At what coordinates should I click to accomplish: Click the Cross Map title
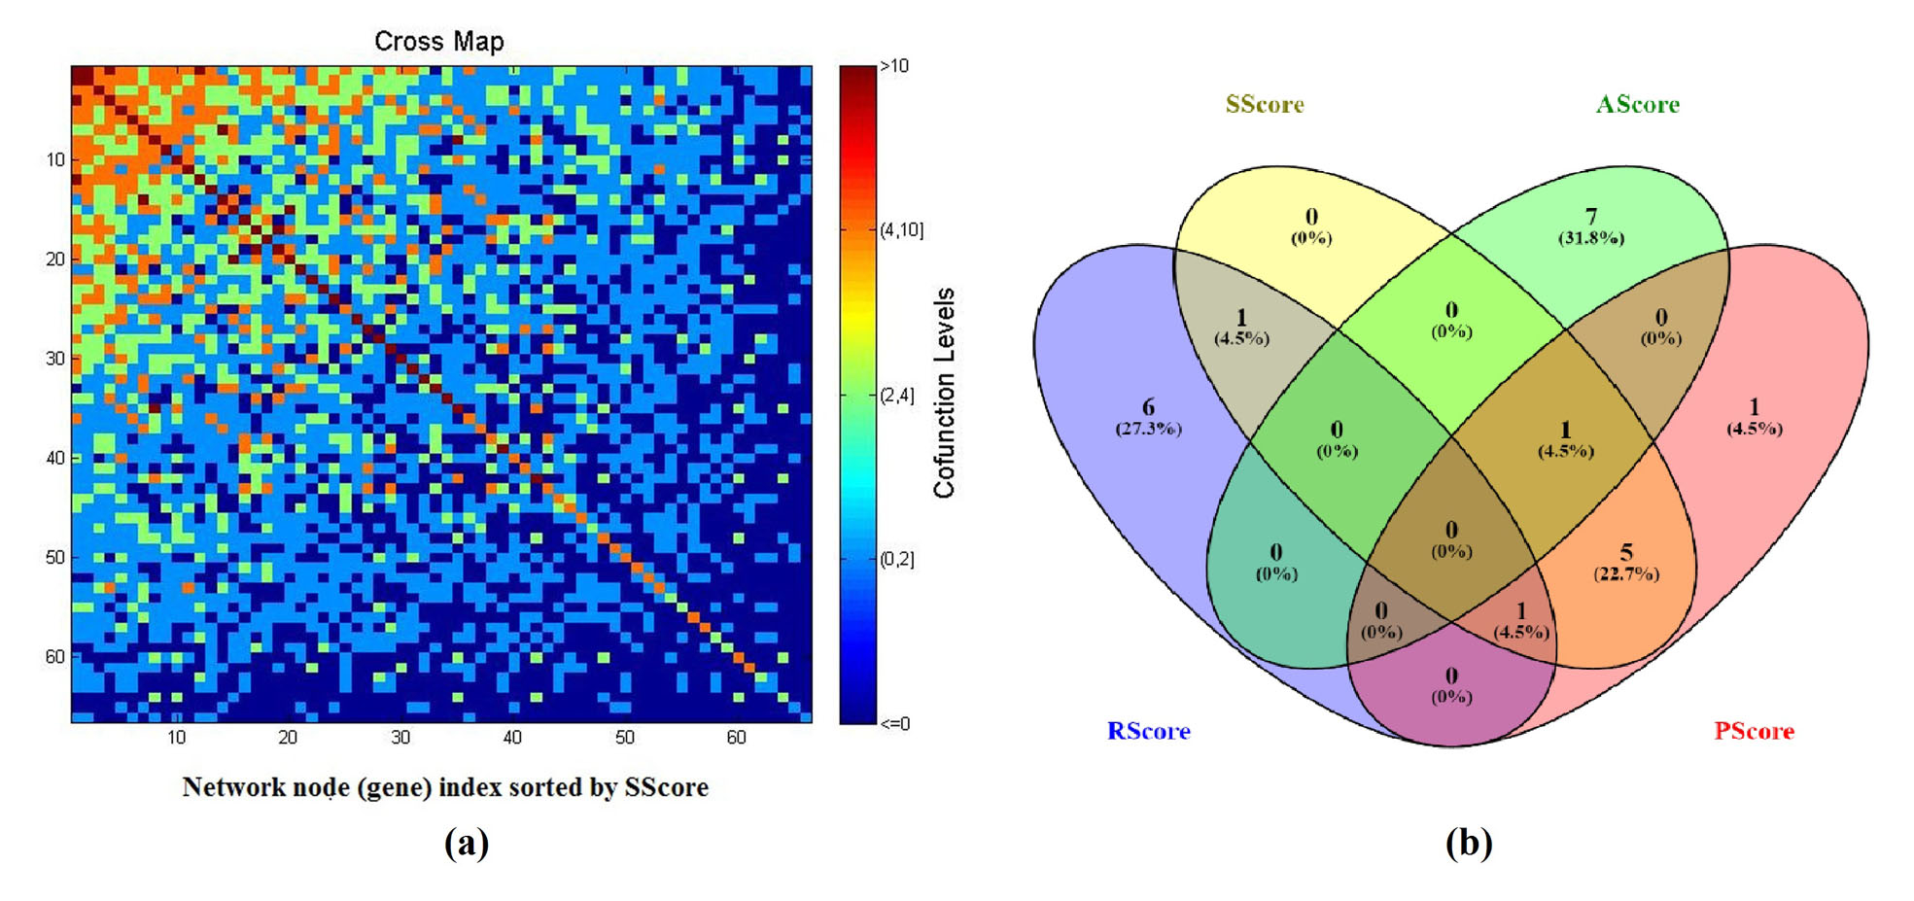(438, 42)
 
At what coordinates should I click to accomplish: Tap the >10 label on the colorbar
(894, 66)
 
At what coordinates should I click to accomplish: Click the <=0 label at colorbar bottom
(894, 723)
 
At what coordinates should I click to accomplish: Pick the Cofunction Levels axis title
(945, 394)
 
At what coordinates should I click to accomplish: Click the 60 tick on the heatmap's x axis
(736, 738)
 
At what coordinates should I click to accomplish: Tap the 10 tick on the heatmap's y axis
(55, 159)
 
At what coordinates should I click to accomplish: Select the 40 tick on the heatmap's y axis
(55, 458)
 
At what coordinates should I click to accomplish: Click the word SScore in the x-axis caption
(666, 787)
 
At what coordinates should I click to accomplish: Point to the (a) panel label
(466, 842)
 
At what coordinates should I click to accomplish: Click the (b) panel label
(1468, 842)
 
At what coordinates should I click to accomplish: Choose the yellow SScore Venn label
(1264, 105)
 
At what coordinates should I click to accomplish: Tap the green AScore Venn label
(1637, 105)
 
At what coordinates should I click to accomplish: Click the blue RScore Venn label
(1148, 731)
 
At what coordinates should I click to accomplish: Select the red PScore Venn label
(1753, 731)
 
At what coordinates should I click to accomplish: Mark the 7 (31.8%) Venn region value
(1590, 226)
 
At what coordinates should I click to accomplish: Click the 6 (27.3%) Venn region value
(1148, 417)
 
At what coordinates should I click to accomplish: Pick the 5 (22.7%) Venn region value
(1625, 563)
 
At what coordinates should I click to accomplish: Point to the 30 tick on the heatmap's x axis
(400, 738)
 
